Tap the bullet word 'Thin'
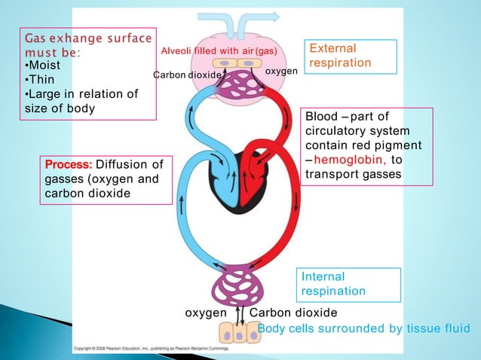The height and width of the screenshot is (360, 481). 41,80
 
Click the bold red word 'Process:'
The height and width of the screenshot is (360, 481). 69,164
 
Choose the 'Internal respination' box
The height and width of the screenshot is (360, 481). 334,284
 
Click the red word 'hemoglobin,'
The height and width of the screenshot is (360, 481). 349,160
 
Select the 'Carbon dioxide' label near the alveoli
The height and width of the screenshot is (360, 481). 187,75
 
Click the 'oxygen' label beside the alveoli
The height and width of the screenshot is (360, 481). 281,70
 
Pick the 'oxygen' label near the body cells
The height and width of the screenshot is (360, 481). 206,313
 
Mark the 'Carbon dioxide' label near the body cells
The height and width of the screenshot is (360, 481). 293,313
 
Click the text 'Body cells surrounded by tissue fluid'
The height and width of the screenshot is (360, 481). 363,328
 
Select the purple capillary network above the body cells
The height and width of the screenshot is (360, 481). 239,287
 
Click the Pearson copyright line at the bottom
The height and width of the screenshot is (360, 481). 180,349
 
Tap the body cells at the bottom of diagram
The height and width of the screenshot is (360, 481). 239,332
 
